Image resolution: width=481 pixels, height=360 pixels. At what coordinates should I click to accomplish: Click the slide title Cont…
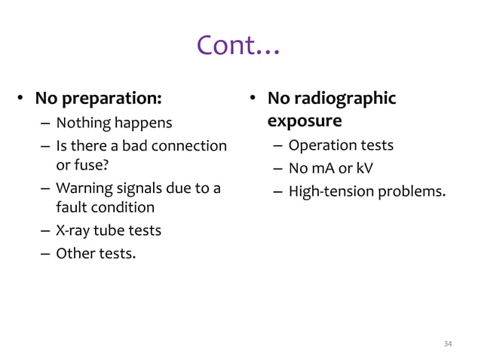click(x=238, y=47)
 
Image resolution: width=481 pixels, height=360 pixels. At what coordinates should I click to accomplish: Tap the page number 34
click(x=448, y=343)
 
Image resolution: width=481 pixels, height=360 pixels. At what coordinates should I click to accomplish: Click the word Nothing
click(x=83, y=123)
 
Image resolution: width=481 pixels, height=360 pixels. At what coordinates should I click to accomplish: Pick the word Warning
click(x=84, y=188)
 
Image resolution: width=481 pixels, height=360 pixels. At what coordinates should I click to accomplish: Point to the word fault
click(x=71, y=206)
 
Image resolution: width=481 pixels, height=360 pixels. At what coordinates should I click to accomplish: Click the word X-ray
click(x=73, y=230)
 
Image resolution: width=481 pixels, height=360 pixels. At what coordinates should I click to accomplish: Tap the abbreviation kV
click(x=364, y=169)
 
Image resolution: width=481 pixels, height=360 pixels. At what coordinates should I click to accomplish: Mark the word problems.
click(x=409, y=191)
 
